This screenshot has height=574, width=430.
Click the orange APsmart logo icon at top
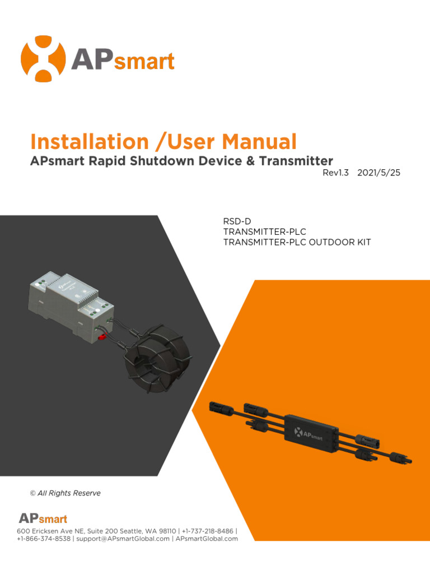(43, 59)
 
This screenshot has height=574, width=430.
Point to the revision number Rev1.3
(336, 173)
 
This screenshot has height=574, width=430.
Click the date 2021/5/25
(379, 173)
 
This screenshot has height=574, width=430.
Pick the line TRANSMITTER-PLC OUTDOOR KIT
(297, 242)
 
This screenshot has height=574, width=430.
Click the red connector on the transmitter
(103, 336)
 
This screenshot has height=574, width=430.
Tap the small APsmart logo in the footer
(43, 519)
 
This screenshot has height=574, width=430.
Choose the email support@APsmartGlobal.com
(123, 539)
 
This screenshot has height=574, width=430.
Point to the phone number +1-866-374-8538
(44, 539)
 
